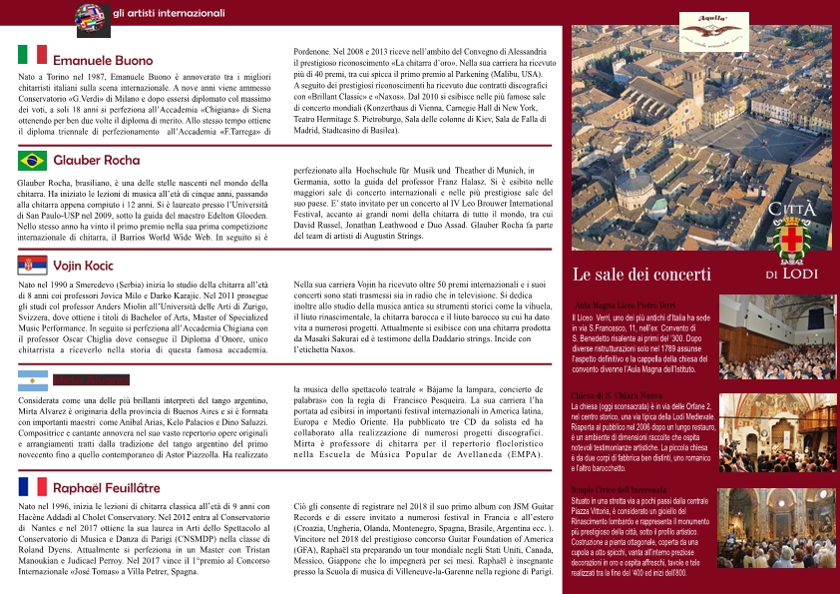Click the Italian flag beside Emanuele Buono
tap(32, 55)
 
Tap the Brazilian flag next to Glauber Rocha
tap(32, 160)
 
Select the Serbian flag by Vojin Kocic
tap(32, 265)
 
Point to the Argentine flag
tap(32, 380)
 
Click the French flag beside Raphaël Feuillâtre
tap(32, 486)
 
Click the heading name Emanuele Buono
tap(103, 61)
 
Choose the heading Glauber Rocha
tap(97, 160)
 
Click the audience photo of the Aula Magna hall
tap(777, 336)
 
